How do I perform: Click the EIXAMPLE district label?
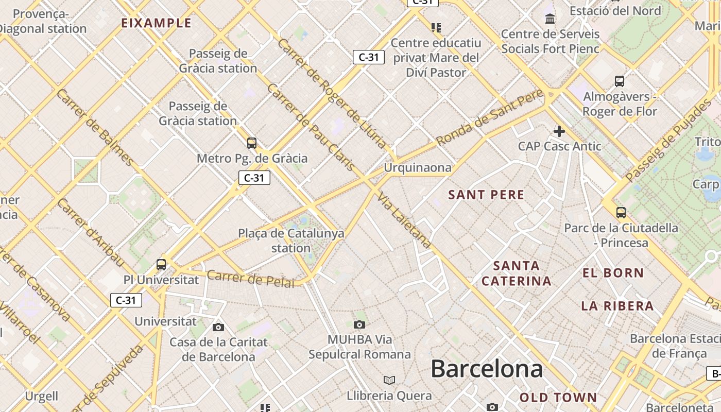156,23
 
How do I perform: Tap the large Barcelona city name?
487,369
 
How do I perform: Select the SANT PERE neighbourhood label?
486,195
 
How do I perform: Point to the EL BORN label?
613,273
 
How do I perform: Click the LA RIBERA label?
617,306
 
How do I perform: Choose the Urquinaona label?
418,167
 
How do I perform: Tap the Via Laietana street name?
404,220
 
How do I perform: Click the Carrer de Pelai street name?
251,278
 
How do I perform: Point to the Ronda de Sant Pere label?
489,117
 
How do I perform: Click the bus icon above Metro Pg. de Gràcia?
251,143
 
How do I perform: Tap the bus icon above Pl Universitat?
161,265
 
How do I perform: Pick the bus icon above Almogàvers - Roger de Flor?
619,81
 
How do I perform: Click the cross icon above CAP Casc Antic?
559,131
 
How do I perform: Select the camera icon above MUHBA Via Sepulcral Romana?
359,324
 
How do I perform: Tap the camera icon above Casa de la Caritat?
218,327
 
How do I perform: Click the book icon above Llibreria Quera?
389,380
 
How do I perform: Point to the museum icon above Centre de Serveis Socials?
550,19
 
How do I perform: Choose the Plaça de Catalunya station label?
291,241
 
